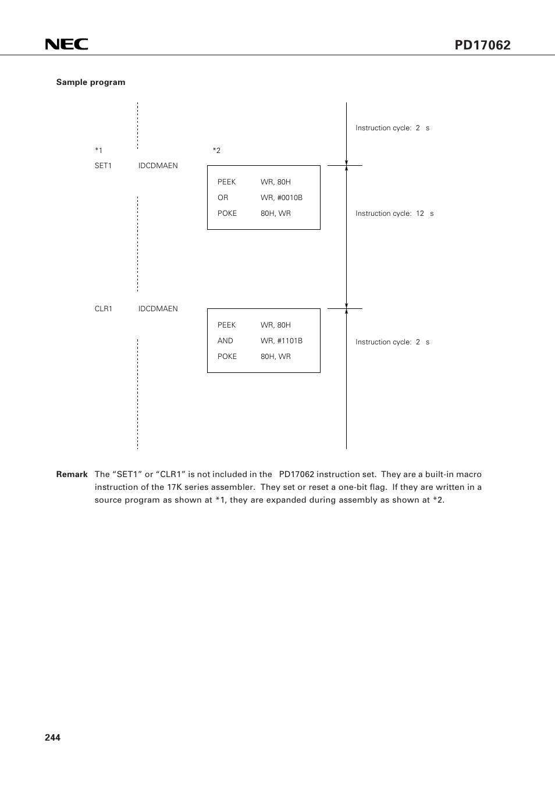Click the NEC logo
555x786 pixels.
click(x=67, y=44)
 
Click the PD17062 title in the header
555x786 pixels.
click(x=482, y=45)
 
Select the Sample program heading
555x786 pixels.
click(x=91, y=82)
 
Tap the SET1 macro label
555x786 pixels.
click(x=103, y=166)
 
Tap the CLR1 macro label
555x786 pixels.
click(x=104, y=309)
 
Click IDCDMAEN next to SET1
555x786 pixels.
click(x=158, y=166)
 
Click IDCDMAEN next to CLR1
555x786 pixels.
click(x=158, y=309)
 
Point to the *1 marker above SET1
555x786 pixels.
click(x=98, y=151)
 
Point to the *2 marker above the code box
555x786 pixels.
click(x=216, y=151)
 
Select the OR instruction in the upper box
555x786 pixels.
click(x=223, y=198)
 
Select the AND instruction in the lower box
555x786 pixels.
click(x=225, y=341)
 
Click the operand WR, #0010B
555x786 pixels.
click(x=282, y=198)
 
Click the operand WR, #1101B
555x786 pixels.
click(x=282, y=341)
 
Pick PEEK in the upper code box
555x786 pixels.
click(x=227, y=182)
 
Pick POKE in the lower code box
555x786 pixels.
click(x=227, y=357)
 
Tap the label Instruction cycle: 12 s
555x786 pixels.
click(x=394, y=214)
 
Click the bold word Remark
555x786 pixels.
click(x=72, y=474)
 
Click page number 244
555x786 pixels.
click(x=52, y=738)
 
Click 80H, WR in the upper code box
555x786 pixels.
click(x=275, y=214)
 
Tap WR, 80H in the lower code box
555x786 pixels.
click(x=275, y=325)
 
